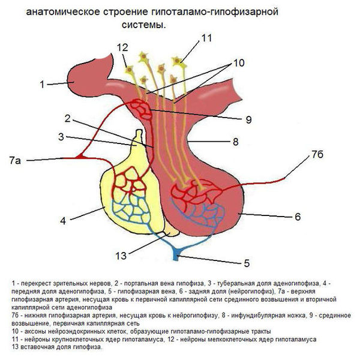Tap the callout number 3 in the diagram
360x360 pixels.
pyautogui.click(x=61, y=136)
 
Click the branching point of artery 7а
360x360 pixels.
pyautogui.click(x=79, y=157)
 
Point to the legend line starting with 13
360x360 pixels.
pyautogui.click(x=57, y=347)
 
